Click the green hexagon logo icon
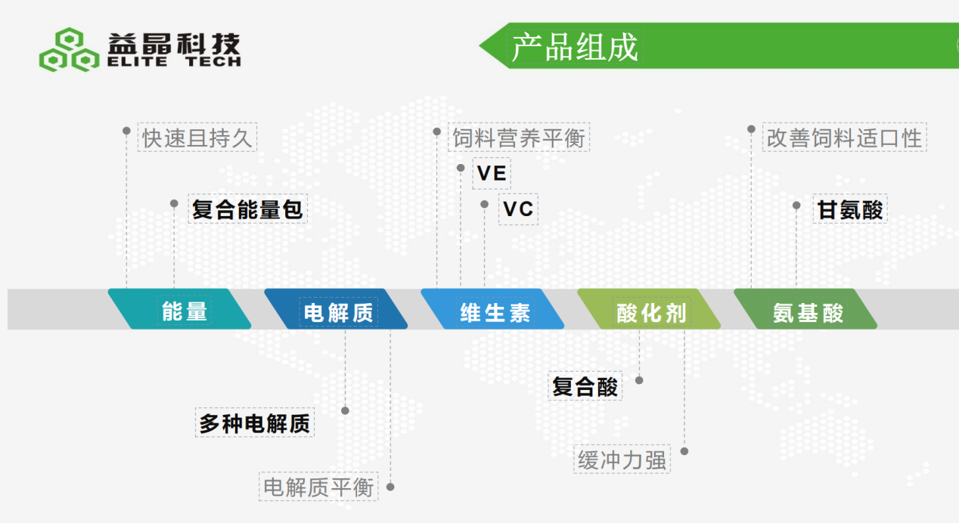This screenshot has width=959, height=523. pyautogui.click(x=69, y=49)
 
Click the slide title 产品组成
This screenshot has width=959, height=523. pyautogui.click(x=575, y=47)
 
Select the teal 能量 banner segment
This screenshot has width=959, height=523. pyautogui.click(x=179, y=309)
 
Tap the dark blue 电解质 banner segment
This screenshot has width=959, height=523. pyautogui.click(x=336, y=309)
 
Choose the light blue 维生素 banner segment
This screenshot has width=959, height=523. pyautogui.click(x=492, y=309)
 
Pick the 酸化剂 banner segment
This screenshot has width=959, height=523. pyautogui.click(x=649, y=309)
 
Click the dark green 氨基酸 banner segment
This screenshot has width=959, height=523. pyautogui.click(x=805, y=309)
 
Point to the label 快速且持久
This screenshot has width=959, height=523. pyautogui.click(x=197, y=138)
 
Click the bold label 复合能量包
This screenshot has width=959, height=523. pyautogui.click(x=247, y=209)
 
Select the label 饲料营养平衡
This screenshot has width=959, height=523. pyautogui.click(x=519, y=138)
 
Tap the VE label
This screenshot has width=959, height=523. pyautogui.click(x=492, y=173)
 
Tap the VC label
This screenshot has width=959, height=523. pyautogui.click(x=518, y=209)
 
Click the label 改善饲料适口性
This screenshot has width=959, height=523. pyautogui.click(x=844, y=138)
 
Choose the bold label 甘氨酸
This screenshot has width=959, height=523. pyautogui.click(x=850, y=209)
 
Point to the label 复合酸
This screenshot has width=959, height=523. pyautogui.click(x=585, y=386)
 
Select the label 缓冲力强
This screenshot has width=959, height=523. pyautogui.click(x=622, y=460)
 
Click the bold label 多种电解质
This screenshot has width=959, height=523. pyautogui.click(x=255, y=423)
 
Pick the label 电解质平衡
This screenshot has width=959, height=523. pyautogui.click(x=318, y=487)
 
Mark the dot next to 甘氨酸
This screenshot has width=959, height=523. pyautogui.click(x=796, y=206)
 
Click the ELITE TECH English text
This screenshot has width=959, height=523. pyautogui.click(x=174, y=62)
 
